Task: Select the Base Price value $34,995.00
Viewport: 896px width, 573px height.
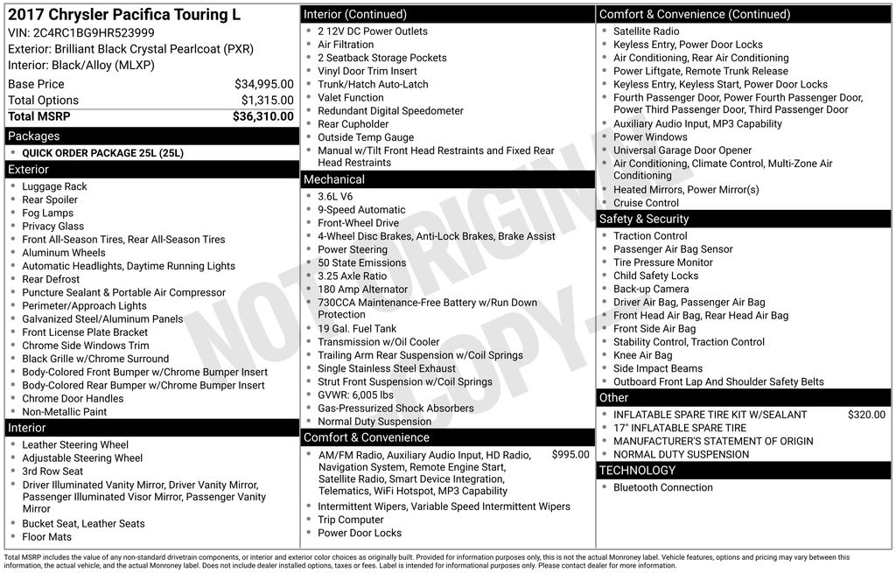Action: (x=263, y=84)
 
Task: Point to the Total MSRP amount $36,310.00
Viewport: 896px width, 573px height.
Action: (x=262, y=116)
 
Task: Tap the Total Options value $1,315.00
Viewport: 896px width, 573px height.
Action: (x=267, y=101)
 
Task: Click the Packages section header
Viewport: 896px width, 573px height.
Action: (x=34, y=136)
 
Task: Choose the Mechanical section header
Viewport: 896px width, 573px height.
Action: (x=333, y=179)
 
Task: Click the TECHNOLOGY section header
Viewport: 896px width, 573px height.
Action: (x=637, y=471)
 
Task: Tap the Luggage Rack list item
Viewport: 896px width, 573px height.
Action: (x=54, y=186)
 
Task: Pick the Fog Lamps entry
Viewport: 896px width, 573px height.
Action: (x=48, y=213)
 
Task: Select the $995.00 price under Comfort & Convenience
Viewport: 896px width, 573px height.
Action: (x=570, y=455)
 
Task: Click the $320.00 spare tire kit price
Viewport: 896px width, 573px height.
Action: (x=866, y=415)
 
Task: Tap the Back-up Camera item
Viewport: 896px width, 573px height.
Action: (x=651, y=289)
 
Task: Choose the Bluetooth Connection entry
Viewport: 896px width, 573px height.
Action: (x=662, y=487)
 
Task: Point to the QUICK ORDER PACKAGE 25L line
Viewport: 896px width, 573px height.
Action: (x=102, y=153)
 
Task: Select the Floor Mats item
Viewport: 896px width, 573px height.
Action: (x=47, y=536)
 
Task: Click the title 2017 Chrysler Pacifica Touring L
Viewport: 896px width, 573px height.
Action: (x=123, y=15)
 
